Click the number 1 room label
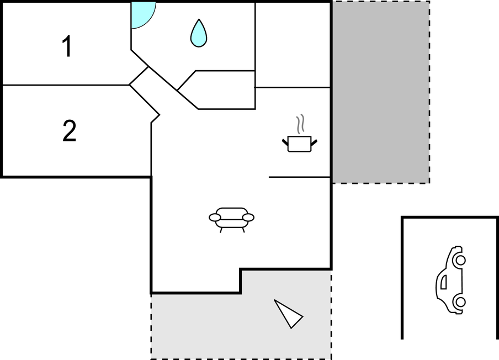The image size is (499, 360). pos(67,46)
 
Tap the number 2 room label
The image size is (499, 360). pos(70,130)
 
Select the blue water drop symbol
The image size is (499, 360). pos(199,33)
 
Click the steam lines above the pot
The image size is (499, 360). pos(300,124)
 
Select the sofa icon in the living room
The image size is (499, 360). pos(231,220)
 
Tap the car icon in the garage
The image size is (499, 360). pos(450,280)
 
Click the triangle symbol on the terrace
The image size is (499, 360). pos(288,314)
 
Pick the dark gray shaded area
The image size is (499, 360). pos(381,92)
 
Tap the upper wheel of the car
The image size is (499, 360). pos(460,260)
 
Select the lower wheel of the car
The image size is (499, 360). pos(460,301)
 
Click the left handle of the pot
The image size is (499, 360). pos(285,142)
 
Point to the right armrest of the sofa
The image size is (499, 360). pos(248,218)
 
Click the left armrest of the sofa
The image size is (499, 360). pos(215,218)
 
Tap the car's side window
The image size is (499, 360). pos(444,282)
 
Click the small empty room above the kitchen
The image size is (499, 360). pos(293,45)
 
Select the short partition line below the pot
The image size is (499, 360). pos(300,177)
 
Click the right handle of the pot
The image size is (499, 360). pos(314,142)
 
